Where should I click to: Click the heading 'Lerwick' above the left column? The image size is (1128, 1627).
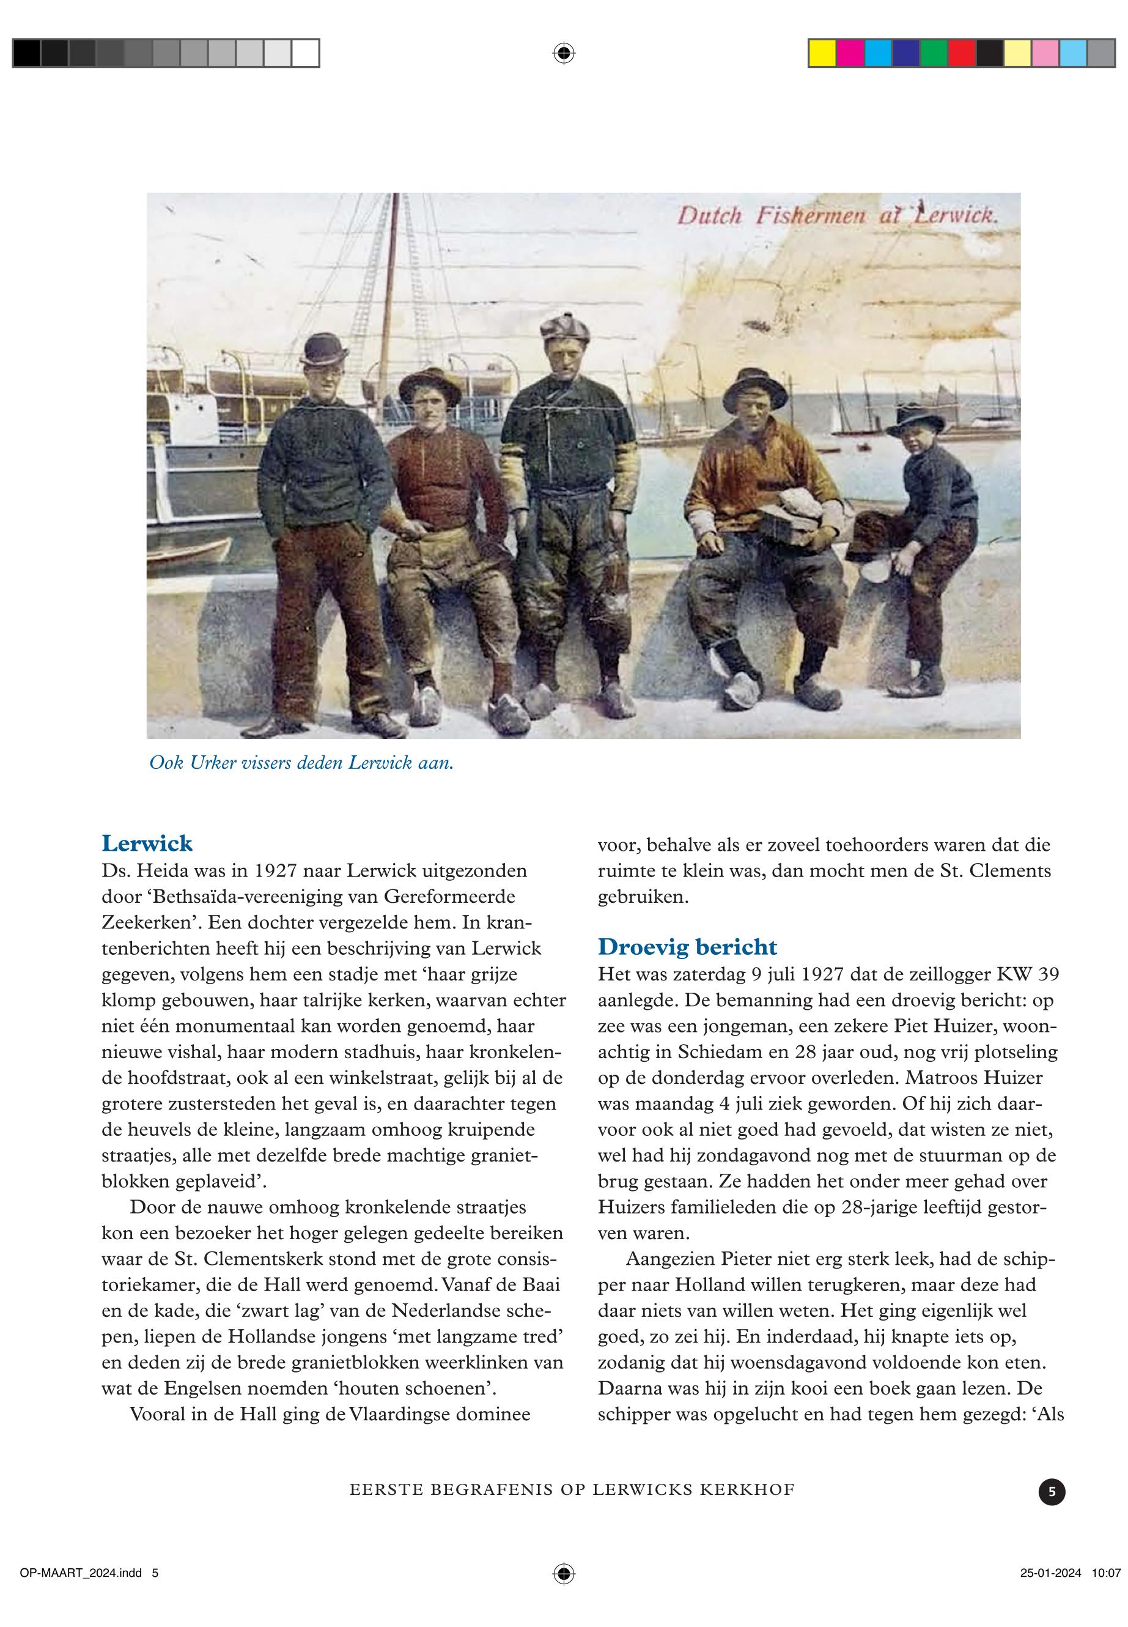click(147, 843)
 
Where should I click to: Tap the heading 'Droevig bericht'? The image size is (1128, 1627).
click(687, 947)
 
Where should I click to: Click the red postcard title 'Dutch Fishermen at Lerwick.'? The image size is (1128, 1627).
click(838, 215)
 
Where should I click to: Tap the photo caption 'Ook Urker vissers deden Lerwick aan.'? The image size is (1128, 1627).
click(301, 763)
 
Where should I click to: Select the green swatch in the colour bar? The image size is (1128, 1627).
click(934, 53)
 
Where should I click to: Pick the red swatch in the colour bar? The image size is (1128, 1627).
click(961, 53)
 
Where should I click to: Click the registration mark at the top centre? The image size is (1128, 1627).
click(563, 53)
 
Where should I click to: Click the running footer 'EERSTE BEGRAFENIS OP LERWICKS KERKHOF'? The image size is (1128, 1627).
click(572, 1490)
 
